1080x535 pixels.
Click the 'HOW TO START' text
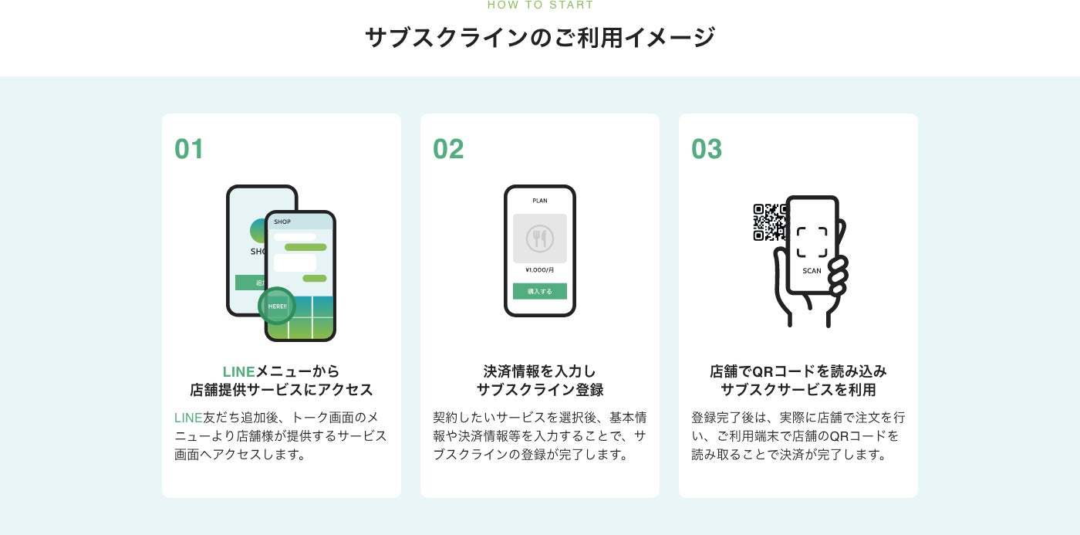(x=540, y=5)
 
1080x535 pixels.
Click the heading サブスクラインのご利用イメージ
(x=540, y=38)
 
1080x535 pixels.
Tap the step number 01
(x=189, y=149)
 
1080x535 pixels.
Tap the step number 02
(x=448, y=149)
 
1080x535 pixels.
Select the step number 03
(x=707, y=149)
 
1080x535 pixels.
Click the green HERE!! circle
(x=277, y=306)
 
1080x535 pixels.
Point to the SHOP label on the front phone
(x=282, y=222)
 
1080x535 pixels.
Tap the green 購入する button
(x=540, y=292)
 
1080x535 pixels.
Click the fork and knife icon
(x=540, y=239)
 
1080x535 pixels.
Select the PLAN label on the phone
(x=540, y=201)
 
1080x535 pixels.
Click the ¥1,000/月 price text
(x=540, y=270)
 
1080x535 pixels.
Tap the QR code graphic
(x=768, y=222)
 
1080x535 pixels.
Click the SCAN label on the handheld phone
(x=812, y=271)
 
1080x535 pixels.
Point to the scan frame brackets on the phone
(x=812, y=242)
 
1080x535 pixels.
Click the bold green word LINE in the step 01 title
(x=238, y=372)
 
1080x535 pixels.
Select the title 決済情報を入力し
(x=540, y=372)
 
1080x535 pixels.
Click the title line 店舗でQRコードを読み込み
(x=798, y=372)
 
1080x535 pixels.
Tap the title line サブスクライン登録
(x=540, y=390)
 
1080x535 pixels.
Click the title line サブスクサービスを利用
(x=798, y=390)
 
